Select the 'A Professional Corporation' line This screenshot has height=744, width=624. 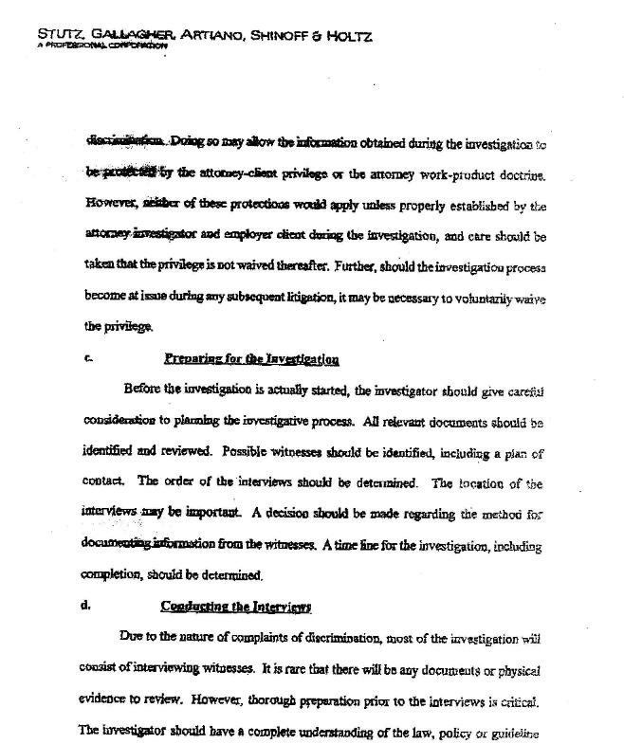coord(97,46)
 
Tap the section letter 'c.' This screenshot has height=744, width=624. coord(88,358)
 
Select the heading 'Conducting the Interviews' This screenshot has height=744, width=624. coord(236,606)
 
